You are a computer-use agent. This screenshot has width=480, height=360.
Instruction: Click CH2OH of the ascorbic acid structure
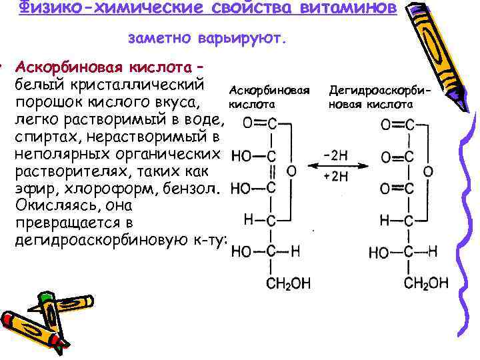(289, 283)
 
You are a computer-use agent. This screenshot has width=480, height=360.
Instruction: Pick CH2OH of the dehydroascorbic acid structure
(426, 283)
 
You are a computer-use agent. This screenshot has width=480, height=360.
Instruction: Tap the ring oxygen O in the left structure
(291, 171)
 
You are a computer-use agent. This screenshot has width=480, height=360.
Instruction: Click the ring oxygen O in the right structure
(429, 171)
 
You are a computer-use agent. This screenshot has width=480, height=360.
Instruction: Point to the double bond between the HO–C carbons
(272, 172)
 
